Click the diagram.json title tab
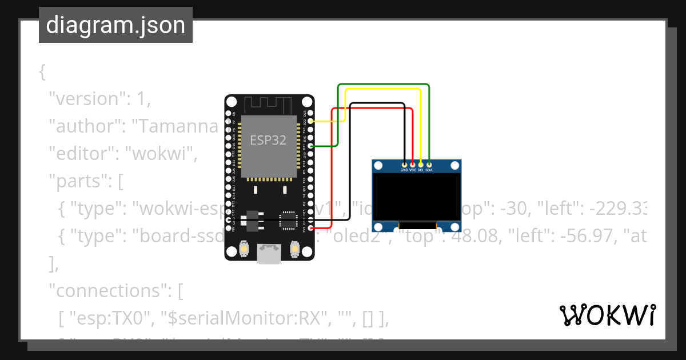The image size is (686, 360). [115, 25]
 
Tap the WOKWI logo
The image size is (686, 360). [607, 315]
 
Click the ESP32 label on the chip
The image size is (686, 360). [268, 139]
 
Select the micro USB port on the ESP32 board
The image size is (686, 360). [269, 254]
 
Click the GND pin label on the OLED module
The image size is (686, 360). [404, 170]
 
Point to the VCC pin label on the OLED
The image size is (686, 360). [413, 170]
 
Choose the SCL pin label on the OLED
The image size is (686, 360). [421, 170]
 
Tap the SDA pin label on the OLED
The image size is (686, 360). [429, 170]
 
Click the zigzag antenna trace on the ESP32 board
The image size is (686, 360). [269, 105]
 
